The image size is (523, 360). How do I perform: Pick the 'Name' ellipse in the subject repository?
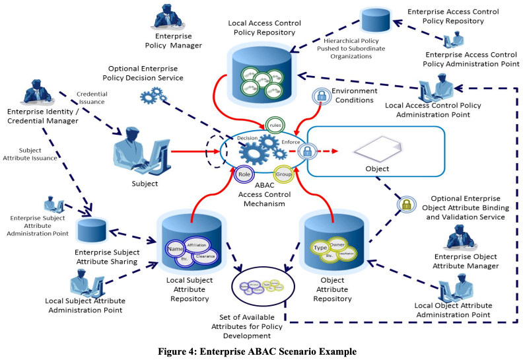(x=175, y=250)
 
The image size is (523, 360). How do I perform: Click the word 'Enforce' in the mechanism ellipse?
(x=292, y=141)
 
